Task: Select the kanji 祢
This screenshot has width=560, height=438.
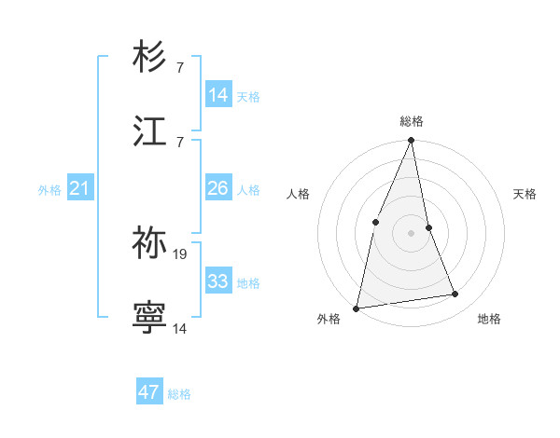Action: [x=149, y=242]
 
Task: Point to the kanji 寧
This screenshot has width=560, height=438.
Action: [x=149, y=318]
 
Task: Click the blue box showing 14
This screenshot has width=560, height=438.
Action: [x=218, y=95]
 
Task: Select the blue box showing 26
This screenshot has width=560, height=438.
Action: [x=218, y=188]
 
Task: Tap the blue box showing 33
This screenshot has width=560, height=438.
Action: [x=218, y=281]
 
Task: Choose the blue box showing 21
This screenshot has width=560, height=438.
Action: [x=80, y=188]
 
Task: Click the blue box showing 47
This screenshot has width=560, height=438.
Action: [x=149, y=391]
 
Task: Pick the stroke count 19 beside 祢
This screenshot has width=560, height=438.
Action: [x=181, y=253]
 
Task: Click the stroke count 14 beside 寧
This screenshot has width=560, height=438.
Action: [x=180, y=329]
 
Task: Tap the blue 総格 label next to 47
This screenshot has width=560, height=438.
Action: [x=179, y=393]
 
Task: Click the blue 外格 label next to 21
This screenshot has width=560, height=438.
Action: [x=49, y=190]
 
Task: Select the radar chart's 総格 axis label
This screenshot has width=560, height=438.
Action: [x=412, y=121]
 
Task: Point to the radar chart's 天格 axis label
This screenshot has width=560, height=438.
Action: [x=525, y=194]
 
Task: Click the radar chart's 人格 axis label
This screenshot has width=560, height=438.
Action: [x=298, y=194]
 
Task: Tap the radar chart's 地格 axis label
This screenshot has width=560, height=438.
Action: [x=489, y=319]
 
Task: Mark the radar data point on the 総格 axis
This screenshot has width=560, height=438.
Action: [x=412, y=142]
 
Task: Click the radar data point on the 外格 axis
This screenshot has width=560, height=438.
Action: [x=357, y=308]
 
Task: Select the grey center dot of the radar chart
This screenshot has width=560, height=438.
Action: [x=412, y=232]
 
